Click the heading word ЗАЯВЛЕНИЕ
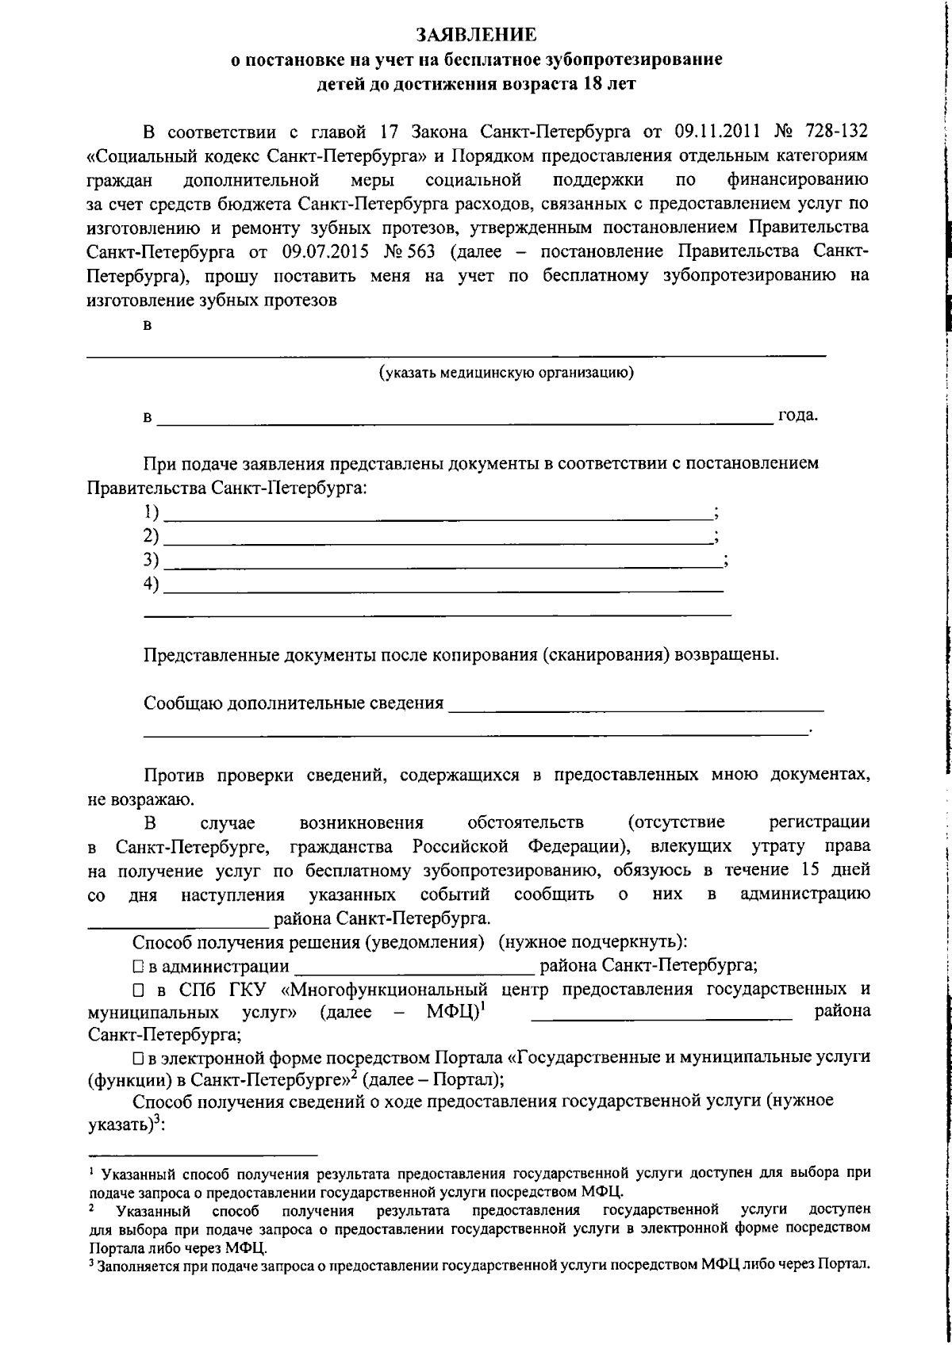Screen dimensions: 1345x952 pos(476,34)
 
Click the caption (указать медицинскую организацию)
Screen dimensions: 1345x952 pos(506,373)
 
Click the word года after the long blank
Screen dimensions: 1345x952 pos(797,416)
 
